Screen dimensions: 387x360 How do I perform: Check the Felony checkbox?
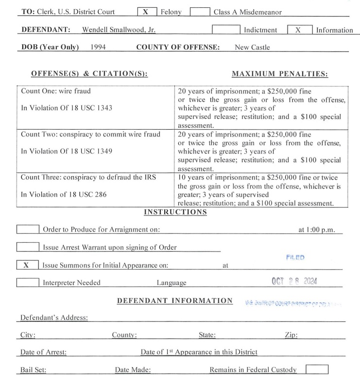click(145, 12)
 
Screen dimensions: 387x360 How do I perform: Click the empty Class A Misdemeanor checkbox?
click(199, 12)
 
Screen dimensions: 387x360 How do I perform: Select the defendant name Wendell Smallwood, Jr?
click(119, 30)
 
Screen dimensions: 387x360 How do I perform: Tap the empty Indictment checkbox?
click(226, 30)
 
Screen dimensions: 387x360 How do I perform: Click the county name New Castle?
click(252, 47)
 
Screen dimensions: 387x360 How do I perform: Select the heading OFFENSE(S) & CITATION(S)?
click(89, 74)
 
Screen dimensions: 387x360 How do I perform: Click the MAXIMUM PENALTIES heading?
click(280, 74)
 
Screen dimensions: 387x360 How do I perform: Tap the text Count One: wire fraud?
click(55, 90)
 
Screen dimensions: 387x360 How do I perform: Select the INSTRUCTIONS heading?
click(175, 212)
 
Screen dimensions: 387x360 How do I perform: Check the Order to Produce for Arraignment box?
click(28, 229)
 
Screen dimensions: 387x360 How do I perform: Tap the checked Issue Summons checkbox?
click(28, 265)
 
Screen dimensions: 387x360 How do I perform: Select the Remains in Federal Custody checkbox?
click(316, 370)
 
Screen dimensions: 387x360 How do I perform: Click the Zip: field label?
click(291, 335)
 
